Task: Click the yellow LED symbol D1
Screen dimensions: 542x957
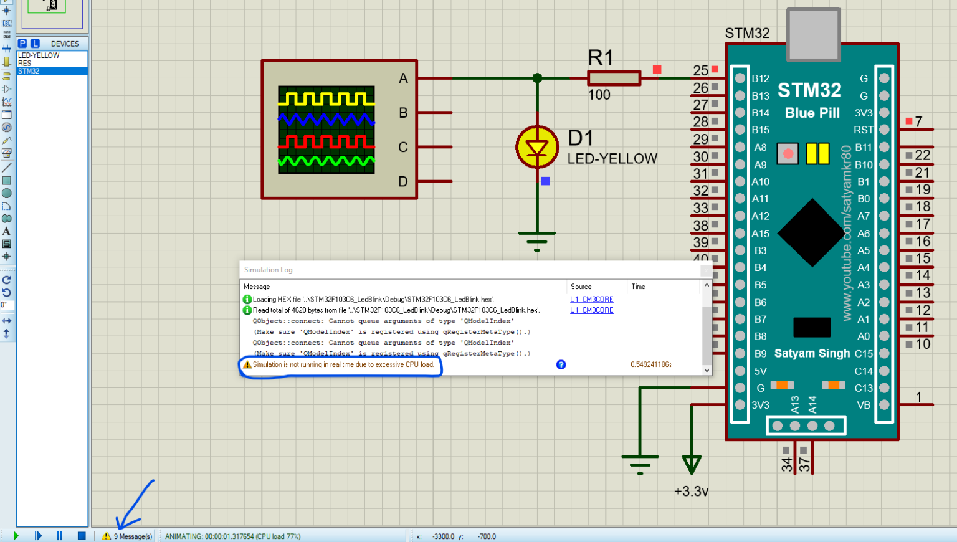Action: pos(537,148)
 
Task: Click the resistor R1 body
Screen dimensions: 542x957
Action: pos(614,78)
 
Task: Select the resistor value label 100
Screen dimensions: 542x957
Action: pos(599,95)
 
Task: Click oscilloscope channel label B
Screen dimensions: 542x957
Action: pos(403,113)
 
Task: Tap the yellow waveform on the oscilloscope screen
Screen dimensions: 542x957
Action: pos(326,98)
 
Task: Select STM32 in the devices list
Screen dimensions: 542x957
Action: pos(29,71)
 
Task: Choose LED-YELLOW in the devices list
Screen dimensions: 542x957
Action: pos(39,55)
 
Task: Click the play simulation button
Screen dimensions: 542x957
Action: pos(16,535)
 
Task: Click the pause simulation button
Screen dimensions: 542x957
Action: pos(60,535)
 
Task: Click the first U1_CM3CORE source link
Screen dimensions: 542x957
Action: pos(591,300)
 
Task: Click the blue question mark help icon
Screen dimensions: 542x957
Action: pos(561,364)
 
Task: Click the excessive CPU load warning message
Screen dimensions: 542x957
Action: pos(343,364)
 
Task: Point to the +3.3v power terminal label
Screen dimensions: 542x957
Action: pos(691,492)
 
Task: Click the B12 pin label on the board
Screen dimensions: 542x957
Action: pos(760,78)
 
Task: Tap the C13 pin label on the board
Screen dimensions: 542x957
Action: pos(863,388)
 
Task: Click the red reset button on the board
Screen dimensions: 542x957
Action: pos(788,153)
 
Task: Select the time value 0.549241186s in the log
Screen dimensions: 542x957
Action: pos(651,364)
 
